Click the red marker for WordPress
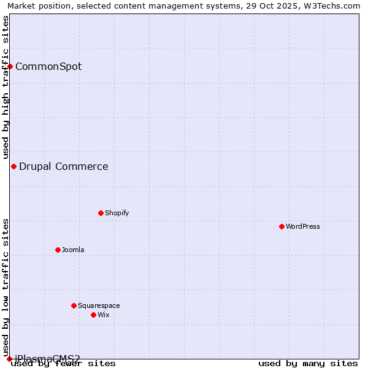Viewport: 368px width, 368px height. coord(282,226)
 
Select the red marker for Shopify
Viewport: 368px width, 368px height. coord(101,213)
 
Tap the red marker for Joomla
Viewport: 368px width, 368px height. coord(58,250)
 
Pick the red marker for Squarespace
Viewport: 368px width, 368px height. coord(74,305)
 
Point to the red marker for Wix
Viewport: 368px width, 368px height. coord(93,315)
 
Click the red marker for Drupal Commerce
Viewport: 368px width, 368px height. coord(13,166)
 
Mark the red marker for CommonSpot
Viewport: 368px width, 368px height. coord(10,66)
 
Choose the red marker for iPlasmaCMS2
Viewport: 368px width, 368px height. coord(9,359)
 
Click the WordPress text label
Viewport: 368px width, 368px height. coord(303,226)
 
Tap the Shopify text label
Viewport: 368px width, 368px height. coord(117,213)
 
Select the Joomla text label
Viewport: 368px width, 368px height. coord(73,250)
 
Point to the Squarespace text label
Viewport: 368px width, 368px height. coord(99,305)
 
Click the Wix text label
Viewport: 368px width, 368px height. coord(103,315)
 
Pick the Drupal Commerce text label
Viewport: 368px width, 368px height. coord(64,166)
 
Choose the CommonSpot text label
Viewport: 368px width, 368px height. coord(48,66)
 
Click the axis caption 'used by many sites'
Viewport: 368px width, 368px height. coord(308,364)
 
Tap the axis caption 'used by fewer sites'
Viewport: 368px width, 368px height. coord(63,364)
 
